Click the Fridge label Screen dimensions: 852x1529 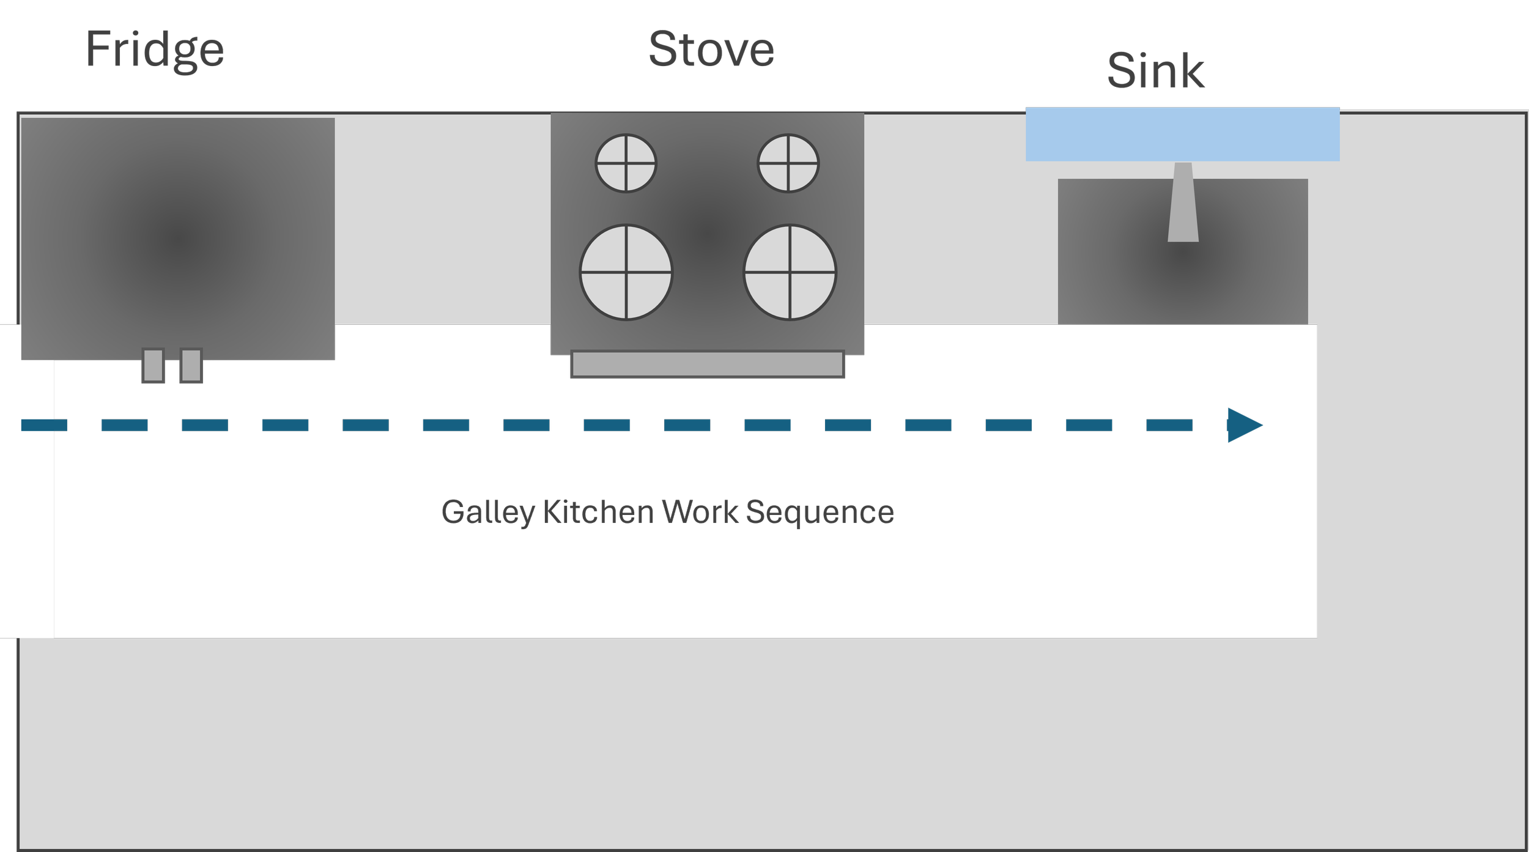click(155, 50)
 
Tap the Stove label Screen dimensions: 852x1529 click(711, 50)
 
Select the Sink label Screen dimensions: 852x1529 click(1156, 74)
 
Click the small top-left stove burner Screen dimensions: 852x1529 click(626, 163)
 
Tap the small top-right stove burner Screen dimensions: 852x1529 click(788, 163)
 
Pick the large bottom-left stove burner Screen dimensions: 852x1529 click(626, 272)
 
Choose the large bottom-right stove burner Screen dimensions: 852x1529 click(790, 272)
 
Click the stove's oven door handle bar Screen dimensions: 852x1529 click(708, 364)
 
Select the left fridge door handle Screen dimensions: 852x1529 click(154, 366)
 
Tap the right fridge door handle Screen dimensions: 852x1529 click(191, 366)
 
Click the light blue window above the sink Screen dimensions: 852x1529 click(1182, 135)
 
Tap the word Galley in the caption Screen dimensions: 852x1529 click(487, 513)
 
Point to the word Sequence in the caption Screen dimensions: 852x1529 click(820, 513)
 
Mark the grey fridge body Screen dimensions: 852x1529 click(177, 239)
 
